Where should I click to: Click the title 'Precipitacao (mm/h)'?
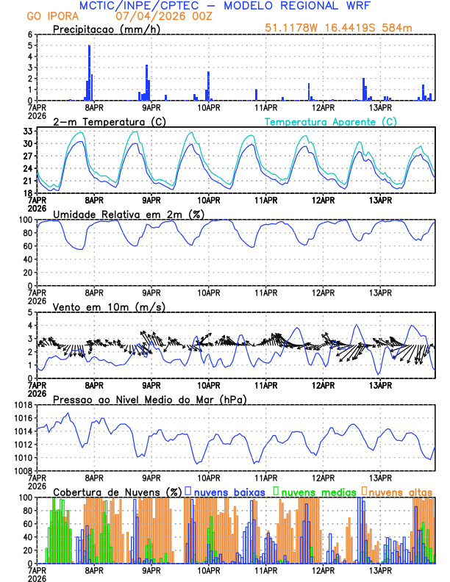click(104, 29)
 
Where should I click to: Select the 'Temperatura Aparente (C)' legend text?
click(331, 121)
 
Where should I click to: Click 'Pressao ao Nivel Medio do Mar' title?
click(149, 399)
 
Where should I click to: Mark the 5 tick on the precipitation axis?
click(29, 46)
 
